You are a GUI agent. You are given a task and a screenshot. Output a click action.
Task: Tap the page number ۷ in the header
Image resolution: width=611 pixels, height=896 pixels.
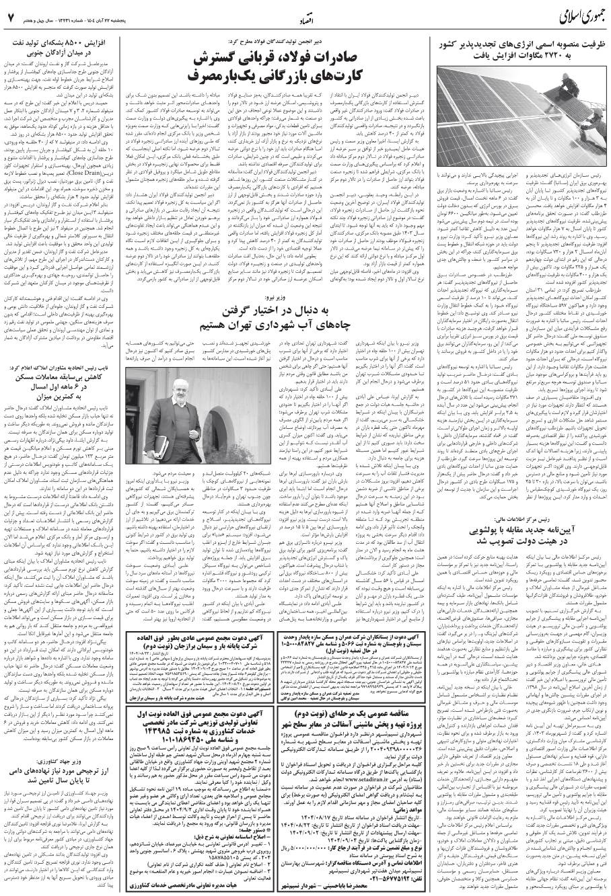11,15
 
